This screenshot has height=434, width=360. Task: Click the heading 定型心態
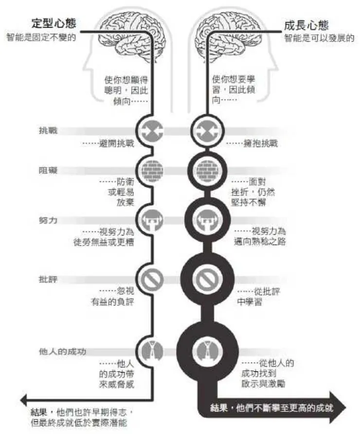(55, 24)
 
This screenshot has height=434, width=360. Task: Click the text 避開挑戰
(108, 144)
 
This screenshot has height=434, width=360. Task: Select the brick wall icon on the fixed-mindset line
(151, 171)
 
